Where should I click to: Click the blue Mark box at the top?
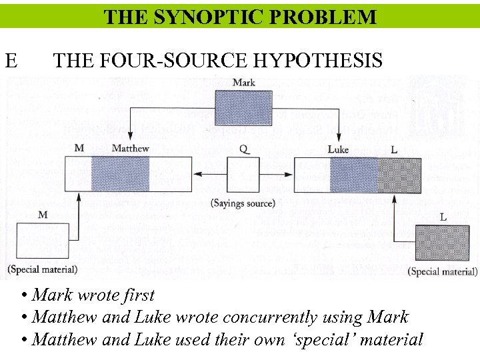tap(243, 106)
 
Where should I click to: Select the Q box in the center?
tap(243, 175)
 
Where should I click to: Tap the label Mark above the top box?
tap(243, 83)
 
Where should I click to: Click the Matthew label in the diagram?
tap(130, 148)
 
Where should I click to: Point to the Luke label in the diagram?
tap(338, 149)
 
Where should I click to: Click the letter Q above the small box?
tap(245, 149)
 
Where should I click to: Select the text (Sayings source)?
tap(243, 203)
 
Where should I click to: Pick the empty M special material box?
tap(42, 241)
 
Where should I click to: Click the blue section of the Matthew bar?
tap(119, 175)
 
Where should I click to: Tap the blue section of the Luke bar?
tap(353, 175)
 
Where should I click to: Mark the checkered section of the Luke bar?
tap(399, 175)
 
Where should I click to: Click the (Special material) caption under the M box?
tap(42, 269)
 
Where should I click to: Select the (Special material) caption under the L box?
tap(442, 271)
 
